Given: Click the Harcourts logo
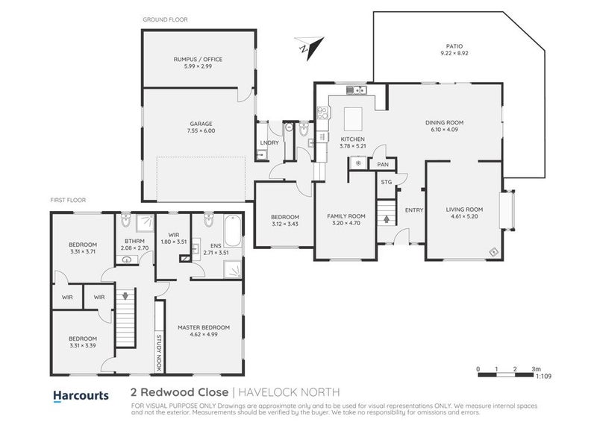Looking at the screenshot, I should [x=81, y=395].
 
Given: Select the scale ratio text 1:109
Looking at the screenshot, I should [x=546, y=378].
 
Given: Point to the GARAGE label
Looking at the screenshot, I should [x=201, y=124].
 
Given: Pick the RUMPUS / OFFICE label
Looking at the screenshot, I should [x=198, y=59].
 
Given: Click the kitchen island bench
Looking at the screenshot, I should [x=353, y=118].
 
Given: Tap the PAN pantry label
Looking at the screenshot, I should [x=383, y=164].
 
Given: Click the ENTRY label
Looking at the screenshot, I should [x=413, y=210].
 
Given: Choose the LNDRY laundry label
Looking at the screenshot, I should [x=269, y=142].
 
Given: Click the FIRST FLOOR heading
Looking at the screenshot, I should [x=68, y=200].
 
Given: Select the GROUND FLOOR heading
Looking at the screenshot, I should [x=165, y=19].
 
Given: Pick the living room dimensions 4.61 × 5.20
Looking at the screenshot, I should [x=464, y=217].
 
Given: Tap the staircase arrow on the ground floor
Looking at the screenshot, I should [x=386, y=219].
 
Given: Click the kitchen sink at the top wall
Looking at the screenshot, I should [x=357, y=90].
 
